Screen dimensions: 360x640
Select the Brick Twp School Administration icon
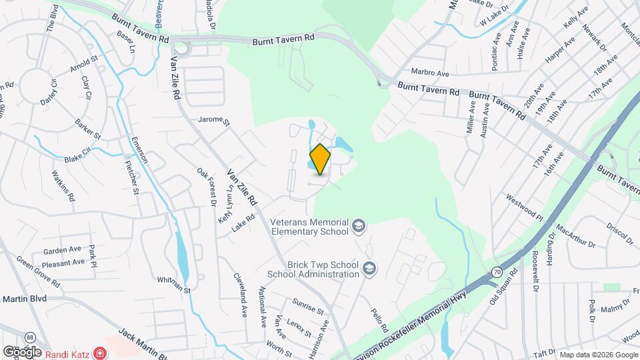click(x=369, y=269)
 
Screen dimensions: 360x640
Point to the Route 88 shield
click(x=30, y=338)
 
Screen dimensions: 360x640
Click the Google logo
click(x=21, y=351)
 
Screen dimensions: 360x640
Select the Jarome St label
click(x=213, y=122)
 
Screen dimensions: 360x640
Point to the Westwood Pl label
click(x=525, y=199)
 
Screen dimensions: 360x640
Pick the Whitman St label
click(x=175, y=285)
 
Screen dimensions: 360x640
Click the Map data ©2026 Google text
click(x=597, y=354)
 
